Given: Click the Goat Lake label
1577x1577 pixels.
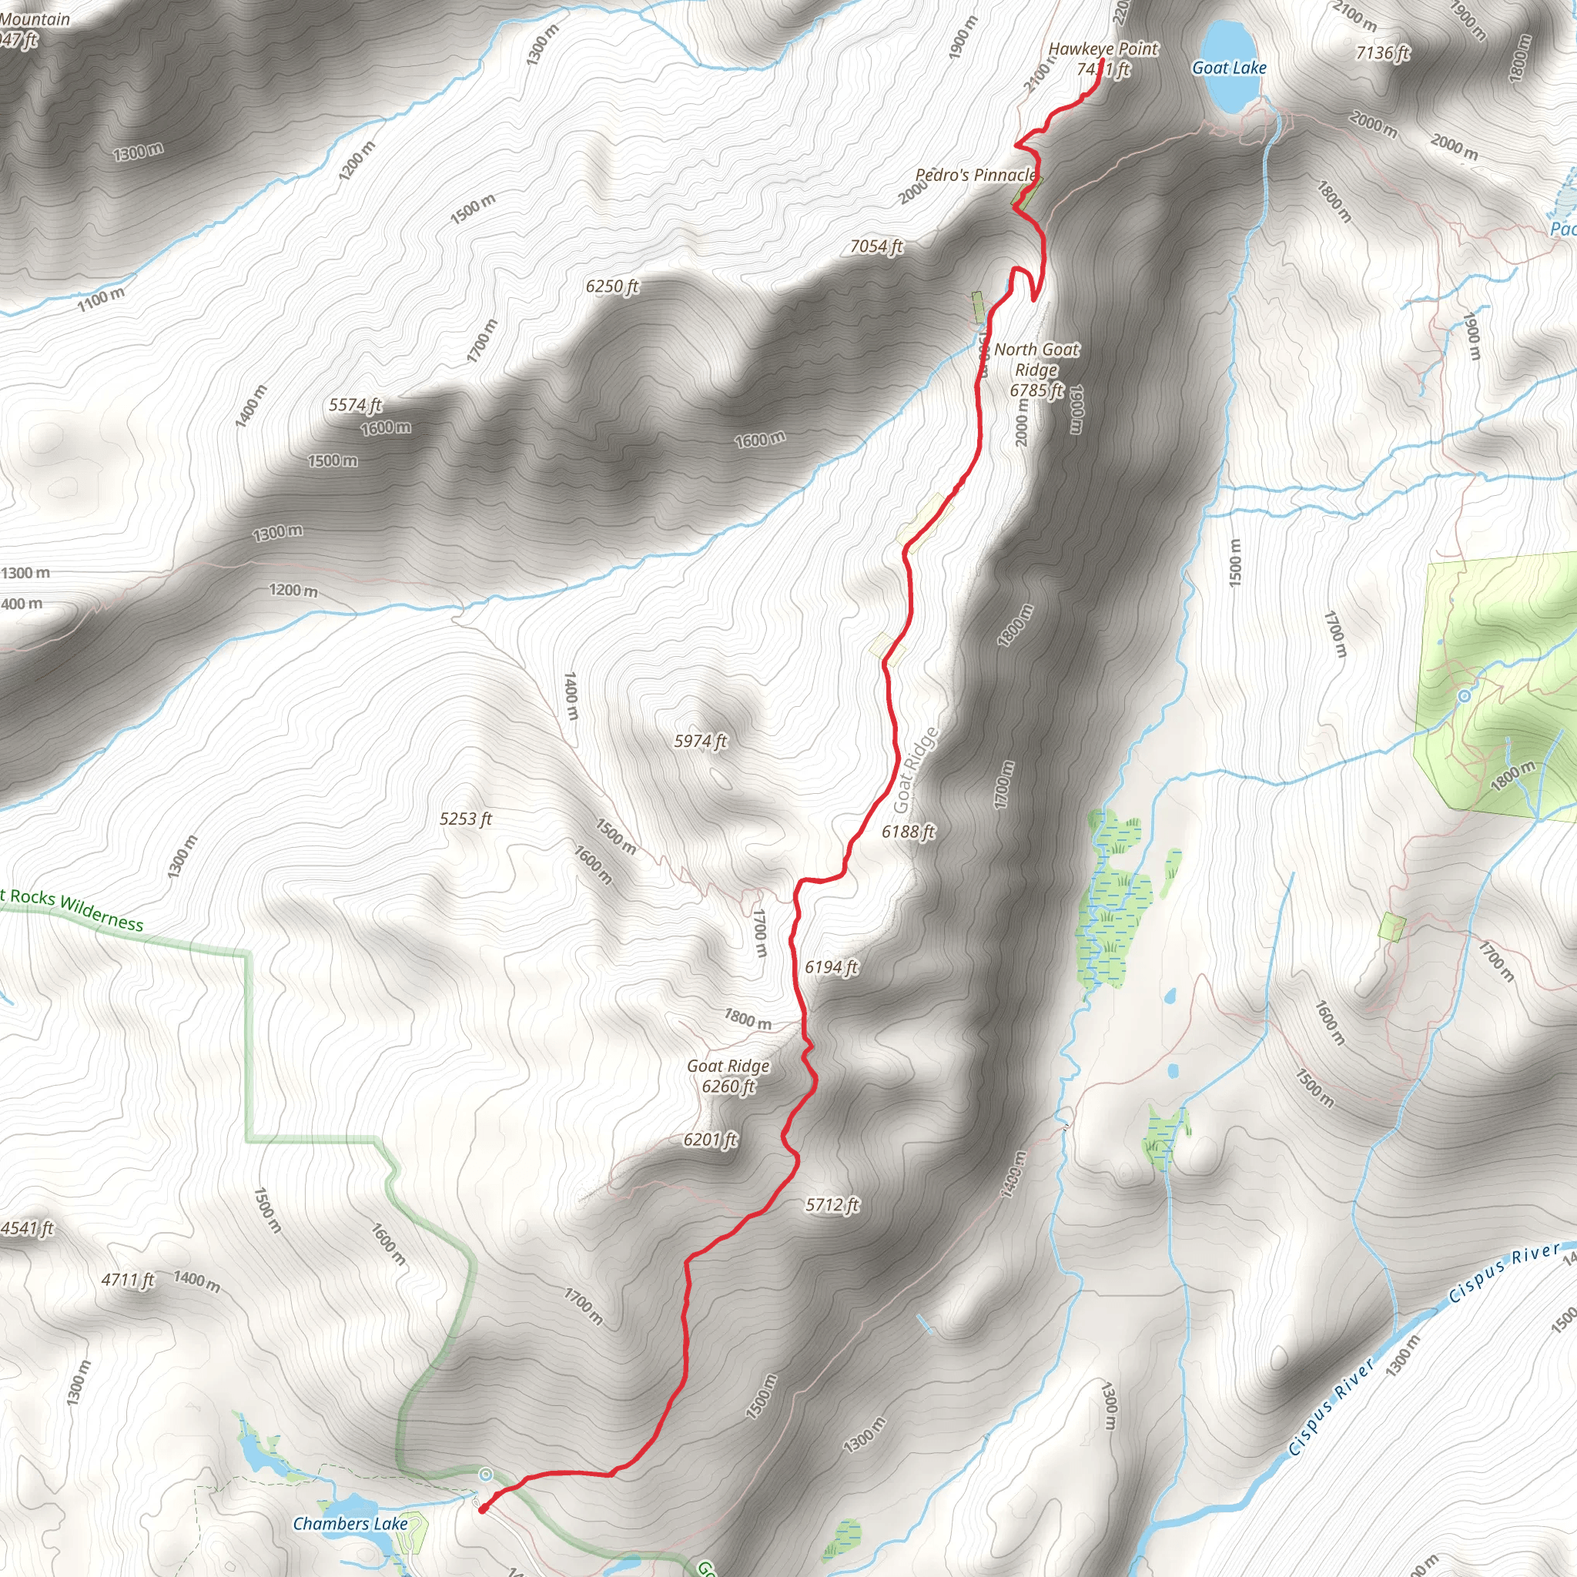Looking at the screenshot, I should (x=1228, y=68).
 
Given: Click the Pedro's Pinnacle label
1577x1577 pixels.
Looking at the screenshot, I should (x=976, y=175).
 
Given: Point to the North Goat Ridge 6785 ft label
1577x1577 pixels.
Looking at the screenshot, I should (x=1036, y=370).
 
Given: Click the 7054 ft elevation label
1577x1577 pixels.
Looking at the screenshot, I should (x=876, y=246).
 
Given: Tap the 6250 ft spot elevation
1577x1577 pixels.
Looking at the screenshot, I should (x=611, y=286).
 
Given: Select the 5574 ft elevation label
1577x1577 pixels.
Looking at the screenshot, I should (x=355, y=405).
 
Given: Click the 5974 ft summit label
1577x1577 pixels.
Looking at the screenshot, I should (x=699, y=742).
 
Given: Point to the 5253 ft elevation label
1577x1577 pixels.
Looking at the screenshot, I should (x=465, y=819).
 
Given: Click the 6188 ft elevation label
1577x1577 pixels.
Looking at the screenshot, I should (x=908, y=832).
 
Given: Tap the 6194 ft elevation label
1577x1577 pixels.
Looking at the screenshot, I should (x=831, y=967).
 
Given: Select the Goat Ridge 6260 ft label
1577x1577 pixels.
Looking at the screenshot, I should (x=728, y=1076).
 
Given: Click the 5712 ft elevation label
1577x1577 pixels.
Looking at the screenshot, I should (x=832, y=1205).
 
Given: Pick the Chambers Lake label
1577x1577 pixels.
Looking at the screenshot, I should (x=350, y=1524).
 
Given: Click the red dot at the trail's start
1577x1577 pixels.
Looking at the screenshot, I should (x=484, y=1508).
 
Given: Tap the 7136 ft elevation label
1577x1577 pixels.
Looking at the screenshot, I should (x=1382, y=53).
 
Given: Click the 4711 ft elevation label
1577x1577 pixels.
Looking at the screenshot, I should (x=127, y=1279).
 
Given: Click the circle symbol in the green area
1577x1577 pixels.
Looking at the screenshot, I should (x=1465, y=695).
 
